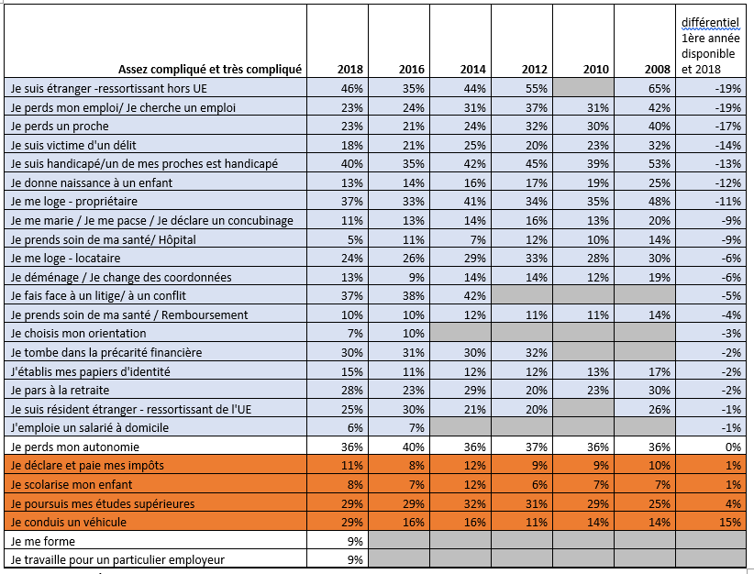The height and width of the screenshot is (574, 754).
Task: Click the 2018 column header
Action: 350,70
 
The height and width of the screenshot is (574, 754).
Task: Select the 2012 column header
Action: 535,70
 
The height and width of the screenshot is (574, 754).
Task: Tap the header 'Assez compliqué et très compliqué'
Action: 210,70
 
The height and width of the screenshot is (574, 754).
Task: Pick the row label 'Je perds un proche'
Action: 60,126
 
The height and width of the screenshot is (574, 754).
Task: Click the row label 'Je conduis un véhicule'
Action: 68,522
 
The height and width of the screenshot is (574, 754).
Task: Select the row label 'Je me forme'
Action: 43,541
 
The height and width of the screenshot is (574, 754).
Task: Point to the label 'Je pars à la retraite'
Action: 60,390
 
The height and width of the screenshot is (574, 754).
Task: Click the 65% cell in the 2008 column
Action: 659,88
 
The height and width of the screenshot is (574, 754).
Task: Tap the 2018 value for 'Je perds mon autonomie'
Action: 352,447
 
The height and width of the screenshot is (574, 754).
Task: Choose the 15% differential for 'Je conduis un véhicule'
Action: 730,522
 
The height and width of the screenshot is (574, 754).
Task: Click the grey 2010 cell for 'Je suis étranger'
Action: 583,88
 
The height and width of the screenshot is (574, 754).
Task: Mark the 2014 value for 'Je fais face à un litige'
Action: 474,295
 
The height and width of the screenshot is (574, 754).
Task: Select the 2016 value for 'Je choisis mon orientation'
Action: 413,333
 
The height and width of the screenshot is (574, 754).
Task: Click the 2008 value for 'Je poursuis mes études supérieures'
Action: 659,503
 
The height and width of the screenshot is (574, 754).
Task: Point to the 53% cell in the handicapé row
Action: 659,164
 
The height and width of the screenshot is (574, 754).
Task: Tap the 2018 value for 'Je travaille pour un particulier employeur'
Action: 355,559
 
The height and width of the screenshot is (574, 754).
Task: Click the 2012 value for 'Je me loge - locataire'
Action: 537,259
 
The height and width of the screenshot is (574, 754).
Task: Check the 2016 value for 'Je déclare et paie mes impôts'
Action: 416,466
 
